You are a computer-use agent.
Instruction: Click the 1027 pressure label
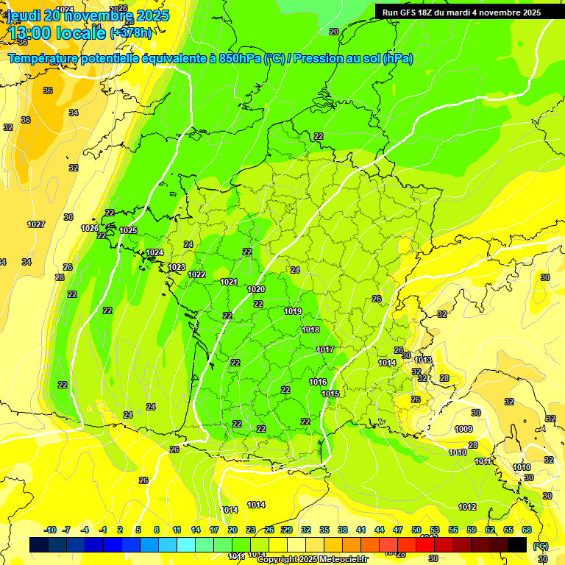pos(36,224)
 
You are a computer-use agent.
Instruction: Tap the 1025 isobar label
pos(128,230)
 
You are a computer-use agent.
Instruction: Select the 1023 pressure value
pos(177,267)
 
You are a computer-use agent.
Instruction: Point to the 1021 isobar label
pos(229,282)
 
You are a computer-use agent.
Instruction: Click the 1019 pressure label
pos(293,311)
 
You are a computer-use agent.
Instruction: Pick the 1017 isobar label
pos(325,349)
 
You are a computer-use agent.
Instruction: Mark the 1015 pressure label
pos(330,394)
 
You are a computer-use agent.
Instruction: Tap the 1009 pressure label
pos(463,429)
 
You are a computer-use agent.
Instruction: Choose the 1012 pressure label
pos(467,507)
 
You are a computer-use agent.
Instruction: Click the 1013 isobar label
pos(423,360)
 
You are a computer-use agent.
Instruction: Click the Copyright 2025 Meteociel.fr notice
pos(313,560)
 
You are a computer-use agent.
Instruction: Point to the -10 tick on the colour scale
pos(51,530)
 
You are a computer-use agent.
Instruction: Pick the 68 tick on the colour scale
pos(527,530)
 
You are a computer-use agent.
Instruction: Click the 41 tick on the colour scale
pos(361,530)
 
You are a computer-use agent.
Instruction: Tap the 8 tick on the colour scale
pos(157,530)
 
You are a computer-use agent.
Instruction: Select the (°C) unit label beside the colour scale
pos(541,546)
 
